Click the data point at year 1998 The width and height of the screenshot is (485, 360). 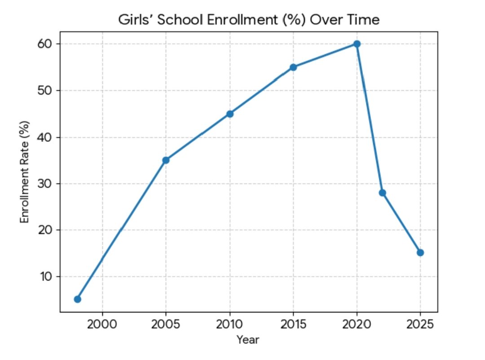[x=77, y=299]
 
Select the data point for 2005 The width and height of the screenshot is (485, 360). [x=166, y=160]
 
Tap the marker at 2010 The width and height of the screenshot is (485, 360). [x=229, y=114]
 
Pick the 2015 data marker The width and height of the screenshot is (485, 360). [x=293, y=67]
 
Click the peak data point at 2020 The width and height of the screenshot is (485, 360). [x=357, y=44]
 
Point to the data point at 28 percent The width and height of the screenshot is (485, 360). [x=382, y=193]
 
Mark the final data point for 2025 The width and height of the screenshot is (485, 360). [x=420, y=252]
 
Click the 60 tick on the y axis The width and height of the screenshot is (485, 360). [x=48, y=44]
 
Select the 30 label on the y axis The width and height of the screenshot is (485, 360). [x=48, y=184]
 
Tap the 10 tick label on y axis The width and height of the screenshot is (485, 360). [x=48, y=277]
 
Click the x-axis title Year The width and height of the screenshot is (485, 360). [x=248, y=340]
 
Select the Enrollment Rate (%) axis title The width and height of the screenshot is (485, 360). [x=25, y=172]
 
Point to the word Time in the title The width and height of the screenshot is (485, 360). [x=365, y=20]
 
